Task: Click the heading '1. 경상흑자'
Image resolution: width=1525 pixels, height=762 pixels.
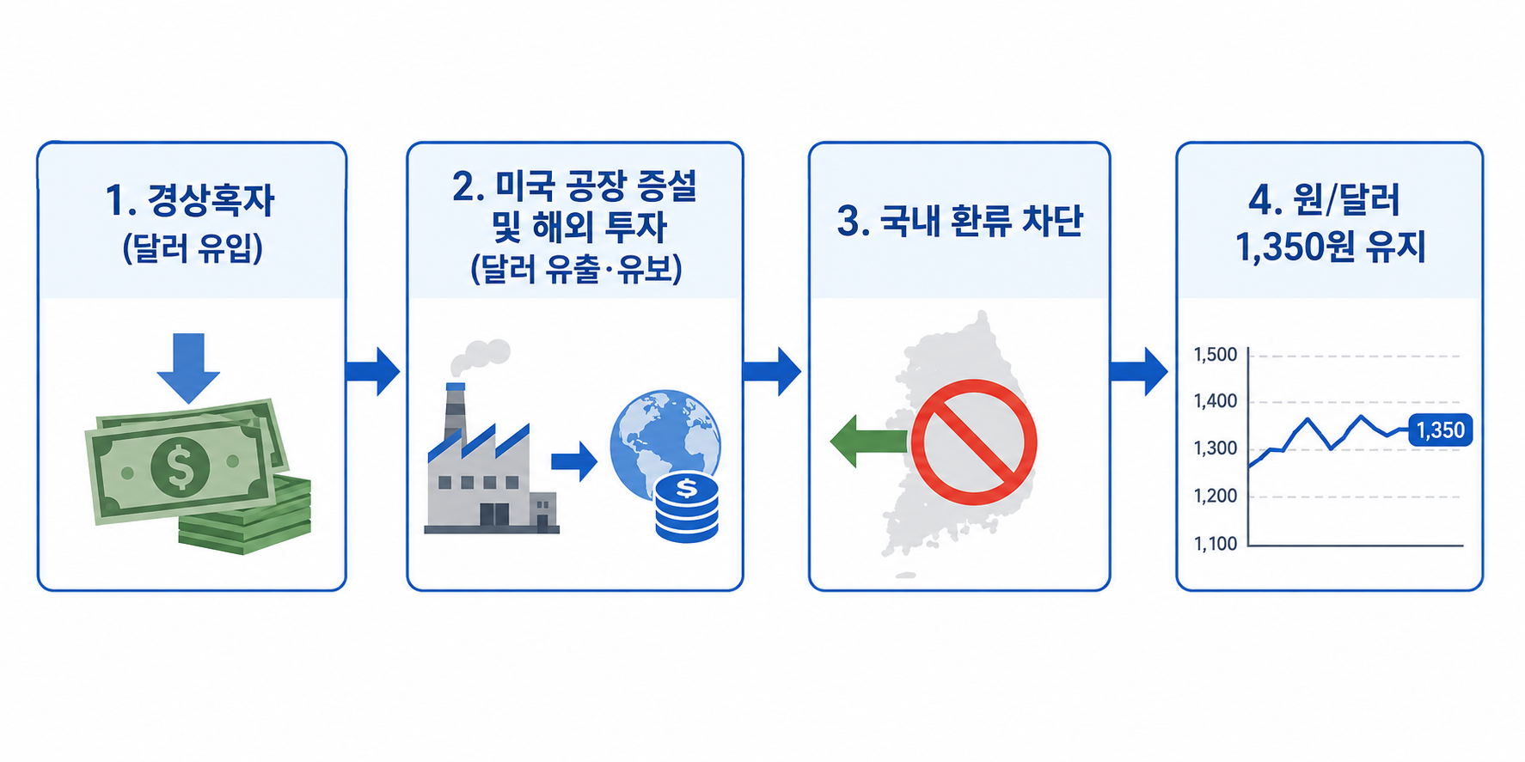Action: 190,199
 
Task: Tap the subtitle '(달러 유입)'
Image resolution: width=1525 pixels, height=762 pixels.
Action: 193,248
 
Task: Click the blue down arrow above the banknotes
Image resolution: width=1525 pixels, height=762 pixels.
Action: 188,368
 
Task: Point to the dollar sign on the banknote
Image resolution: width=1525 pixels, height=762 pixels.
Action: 181,466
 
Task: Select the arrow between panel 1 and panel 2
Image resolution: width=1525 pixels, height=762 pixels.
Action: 373,371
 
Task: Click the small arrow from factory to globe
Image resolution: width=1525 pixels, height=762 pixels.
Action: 573,461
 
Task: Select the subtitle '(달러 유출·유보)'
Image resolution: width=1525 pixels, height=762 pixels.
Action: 575,270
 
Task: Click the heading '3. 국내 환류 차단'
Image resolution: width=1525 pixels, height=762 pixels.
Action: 959,221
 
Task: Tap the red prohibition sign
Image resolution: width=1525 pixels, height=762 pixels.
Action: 974,442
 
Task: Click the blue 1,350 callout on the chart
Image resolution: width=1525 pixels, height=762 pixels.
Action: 1440,430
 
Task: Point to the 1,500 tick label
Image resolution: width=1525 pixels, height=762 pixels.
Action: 1216,354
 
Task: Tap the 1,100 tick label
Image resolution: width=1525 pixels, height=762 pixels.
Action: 1216,543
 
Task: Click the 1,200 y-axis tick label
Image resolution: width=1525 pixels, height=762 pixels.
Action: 1216,496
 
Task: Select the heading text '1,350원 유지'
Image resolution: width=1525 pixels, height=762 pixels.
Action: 1330,247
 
